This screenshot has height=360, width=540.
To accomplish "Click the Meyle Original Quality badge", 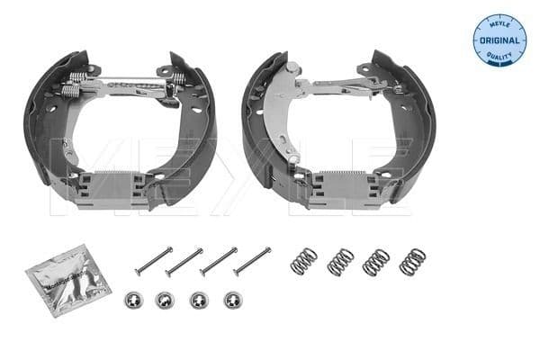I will pos(499,40).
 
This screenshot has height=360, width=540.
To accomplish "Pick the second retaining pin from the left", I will pos(184,262).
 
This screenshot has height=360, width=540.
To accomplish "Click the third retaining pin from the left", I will pos(219,261).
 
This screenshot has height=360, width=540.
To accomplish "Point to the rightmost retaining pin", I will pos(252,260).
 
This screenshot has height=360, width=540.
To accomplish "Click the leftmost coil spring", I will pos(304,261).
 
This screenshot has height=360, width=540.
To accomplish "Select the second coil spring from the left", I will pos(340,261).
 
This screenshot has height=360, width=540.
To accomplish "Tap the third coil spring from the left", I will pos(375,262).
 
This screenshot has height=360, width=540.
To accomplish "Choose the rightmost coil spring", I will pos(412,261).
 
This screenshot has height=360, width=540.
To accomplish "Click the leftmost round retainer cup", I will pos(130,301).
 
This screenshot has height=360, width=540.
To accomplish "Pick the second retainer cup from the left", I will pos(164,301).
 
